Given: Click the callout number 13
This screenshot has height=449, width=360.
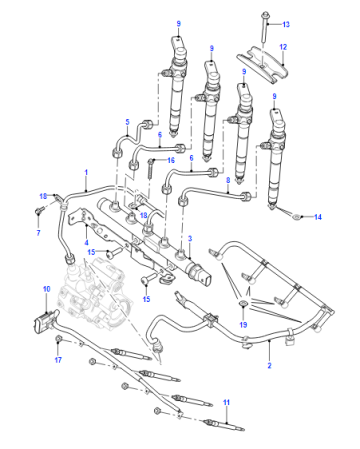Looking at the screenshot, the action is (286, 24).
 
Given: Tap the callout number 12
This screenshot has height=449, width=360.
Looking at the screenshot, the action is (283, 47).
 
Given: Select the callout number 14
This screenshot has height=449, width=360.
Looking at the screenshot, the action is (318, 217).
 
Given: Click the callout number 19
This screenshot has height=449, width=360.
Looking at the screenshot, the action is (243, 324).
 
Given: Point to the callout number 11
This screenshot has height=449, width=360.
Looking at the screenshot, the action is (226, 402).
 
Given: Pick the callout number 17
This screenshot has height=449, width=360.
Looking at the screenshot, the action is (58, 360).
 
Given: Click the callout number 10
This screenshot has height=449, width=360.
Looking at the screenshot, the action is (46, 289).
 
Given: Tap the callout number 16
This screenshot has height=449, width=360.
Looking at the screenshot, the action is (171, 161).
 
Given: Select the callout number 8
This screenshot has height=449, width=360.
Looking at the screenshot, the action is (228, 180).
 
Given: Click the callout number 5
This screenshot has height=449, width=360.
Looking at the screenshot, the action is (127, 122).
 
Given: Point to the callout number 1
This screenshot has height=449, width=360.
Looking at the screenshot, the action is (86, 172).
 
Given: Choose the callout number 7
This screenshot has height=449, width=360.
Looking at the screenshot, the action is (38, 232).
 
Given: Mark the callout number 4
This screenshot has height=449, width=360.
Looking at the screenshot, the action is (86, 242).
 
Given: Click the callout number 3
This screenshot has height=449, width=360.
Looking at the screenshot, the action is (190, 239).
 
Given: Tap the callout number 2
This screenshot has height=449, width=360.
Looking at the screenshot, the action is (269, 365).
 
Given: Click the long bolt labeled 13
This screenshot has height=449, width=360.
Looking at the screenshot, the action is (264, 27).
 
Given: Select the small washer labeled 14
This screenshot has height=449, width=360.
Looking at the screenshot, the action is (296, 217).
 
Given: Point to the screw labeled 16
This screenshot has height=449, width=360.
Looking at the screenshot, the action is (151, 169).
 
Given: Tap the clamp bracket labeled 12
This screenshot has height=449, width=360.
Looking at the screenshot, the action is (262, 65).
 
